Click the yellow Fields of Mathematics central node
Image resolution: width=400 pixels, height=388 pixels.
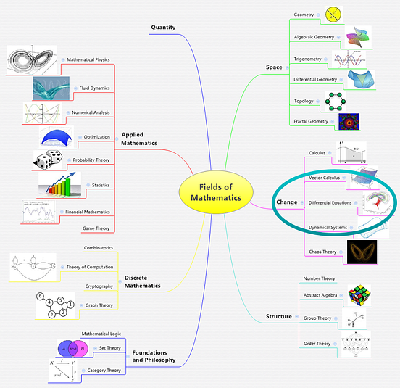click(x=215, y=191)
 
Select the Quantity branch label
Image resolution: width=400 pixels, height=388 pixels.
click(x=163, y=28)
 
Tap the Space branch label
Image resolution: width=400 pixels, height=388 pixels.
click(x=274, y=67)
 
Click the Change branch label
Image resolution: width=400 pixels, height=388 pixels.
click(x=287, y=201)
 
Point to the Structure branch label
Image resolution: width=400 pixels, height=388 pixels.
click(x=279, y=316)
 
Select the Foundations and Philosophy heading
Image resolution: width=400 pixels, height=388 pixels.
click(x=153, y=355)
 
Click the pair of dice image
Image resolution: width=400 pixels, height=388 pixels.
click(x=49, y=160)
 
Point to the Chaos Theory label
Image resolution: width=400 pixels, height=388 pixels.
click(x=322, y=252)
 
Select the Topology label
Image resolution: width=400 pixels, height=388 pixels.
click(x=304, y=101)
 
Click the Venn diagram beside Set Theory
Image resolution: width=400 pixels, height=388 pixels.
click(x=73, y=348)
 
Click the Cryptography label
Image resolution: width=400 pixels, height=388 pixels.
click(x=99, y=286)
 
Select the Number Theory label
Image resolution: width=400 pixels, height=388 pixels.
click(x=319, y=278)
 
